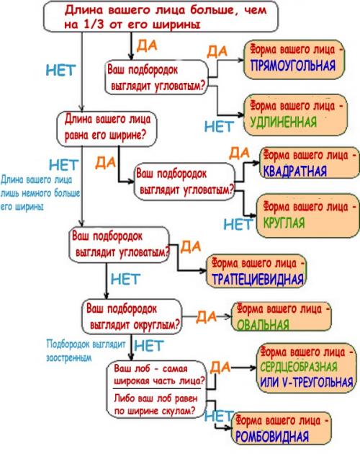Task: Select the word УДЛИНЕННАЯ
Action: pos(287,120)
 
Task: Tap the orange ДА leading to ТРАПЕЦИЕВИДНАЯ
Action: pos(190,247)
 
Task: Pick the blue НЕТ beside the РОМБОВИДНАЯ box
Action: pos(217,416)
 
